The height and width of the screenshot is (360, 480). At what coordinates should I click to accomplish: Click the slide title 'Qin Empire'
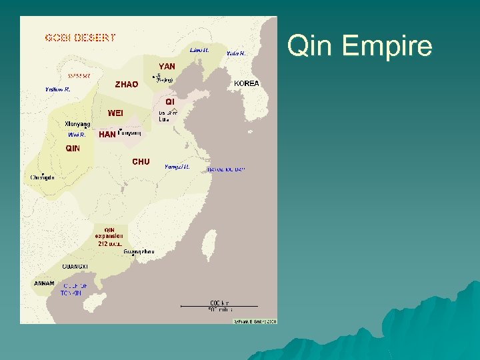[359, 47]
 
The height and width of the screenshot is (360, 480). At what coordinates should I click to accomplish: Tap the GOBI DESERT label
[80, 37]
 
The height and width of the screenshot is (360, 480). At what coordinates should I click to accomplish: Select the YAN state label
[167, 67]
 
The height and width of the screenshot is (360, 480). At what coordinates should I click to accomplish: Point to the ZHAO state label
[127, 85]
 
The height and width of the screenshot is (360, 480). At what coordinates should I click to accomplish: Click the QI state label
[170, 101]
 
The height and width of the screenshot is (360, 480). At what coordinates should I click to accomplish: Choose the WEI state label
[115, 113]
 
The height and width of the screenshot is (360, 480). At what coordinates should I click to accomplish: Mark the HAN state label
[107, 135]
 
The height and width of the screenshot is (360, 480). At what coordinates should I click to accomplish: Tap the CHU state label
[141, 162]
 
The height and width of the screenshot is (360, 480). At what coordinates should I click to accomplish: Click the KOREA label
[246, 83]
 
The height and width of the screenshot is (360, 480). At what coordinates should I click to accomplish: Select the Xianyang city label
[77, 124]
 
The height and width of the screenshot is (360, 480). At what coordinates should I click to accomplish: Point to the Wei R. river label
[77, 135]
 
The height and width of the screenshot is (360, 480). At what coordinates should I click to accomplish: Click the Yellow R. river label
[58, 89]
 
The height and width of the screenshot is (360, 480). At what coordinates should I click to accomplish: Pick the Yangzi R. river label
[177, 167]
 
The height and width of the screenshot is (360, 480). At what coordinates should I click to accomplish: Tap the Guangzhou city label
[139, 251]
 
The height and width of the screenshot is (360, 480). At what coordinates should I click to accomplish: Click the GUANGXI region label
[75, 266]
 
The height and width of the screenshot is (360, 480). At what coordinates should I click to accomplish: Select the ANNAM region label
[44, 283]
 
